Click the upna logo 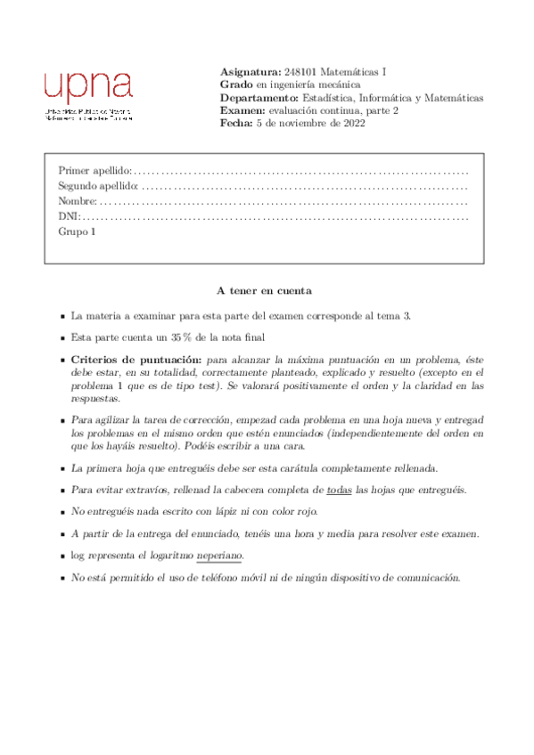click(88, 86)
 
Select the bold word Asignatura click(250, 72)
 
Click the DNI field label click(69, 215)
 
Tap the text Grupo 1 click(76, 231)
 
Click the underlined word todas click(340, 491)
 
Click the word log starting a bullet click(78, 555)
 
